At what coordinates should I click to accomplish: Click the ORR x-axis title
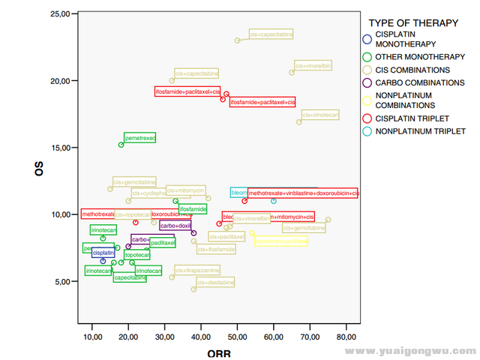[219, 352]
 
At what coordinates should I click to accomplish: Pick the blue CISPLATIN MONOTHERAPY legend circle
[366, 40]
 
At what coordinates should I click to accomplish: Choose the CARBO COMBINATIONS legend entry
[412, 82]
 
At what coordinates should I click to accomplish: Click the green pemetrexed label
[139, 138]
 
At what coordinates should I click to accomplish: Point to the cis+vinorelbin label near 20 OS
[312, 65]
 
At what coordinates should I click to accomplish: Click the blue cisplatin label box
[103, 253]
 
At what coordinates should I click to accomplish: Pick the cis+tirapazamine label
[197, 270]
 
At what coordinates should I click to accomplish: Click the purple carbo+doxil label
[175, 225]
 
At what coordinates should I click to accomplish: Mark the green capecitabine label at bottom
[129, 277]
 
